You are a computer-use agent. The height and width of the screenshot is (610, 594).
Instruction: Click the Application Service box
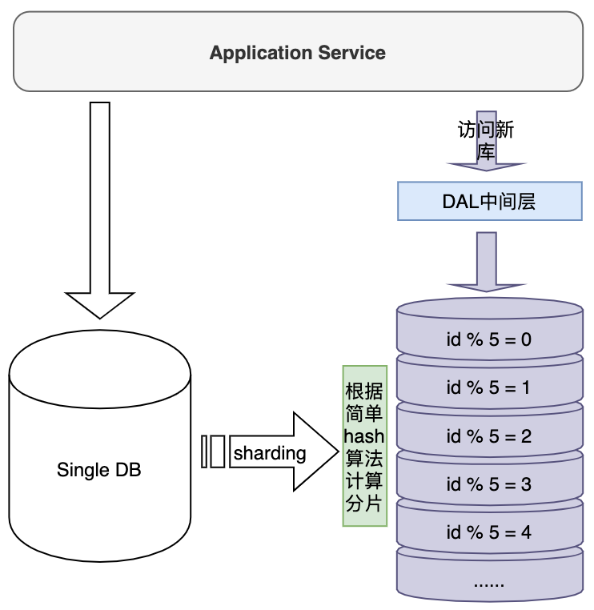(x=298, y=52)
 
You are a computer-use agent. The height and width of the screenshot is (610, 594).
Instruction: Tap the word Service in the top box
(x=351, y=53)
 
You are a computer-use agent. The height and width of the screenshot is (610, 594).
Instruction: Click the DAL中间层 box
(x=490, y=201)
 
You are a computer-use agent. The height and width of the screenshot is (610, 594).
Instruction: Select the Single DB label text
(x=98, y=470)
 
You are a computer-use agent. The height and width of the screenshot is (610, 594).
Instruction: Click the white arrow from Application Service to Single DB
(x=100, y=210)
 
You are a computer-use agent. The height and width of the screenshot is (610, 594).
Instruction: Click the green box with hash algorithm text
(x=365, y=446)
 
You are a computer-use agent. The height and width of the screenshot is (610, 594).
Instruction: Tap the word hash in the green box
(x=364, y=436)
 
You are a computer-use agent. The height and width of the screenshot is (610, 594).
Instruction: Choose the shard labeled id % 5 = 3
(x=490, y=481)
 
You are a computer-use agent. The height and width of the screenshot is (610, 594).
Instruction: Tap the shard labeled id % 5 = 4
(x=490, y=529)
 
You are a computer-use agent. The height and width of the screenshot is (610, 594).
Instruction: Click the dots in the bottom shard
(x=489, y=584)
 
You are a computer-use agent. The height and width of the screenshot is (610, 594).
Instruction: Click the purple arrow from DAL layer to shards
(x=487, y=262)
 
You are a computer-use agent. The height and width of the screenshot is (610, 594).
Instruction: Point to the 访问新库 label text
(x=486, y=140)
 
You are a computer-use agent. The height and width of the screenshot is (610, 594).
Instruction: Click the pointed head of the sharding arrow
(x=339, y=451)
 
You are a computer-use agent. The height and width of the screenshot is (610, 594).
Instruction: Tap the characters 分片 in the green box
(x=363, y=504)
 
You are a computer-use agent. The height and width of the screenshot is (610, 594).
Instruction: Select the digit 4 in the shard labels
(x=526, y=532)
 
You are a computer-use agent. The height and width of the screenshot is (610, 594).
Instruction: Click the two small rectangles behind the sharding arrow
(x=213, y=451)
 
